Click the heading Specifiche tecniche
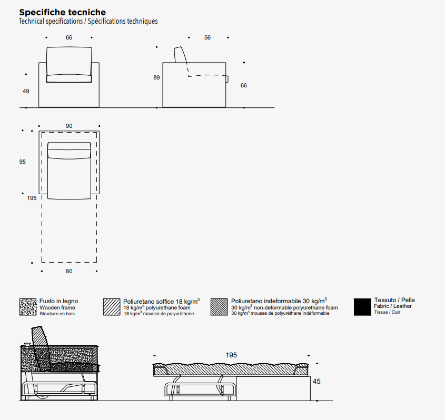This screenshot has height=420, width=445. coord(62,12)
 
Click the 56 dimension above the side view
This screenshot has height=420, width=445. coord(207,38)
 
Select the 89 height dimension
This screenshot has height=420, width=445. coord(156,78)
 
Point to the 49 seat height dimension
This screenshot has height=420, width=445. coord(26,92)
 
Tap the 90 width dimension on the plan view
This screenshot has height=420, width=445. coord(69,126)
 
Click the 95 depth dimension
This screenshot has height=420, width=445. coord(22,162)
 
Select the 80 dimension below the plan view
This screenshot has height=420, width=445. coord(69,272)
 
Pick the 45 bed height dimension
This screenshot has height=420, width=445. coord(317,382)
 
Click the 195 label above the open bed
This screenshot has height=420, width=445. coord(231,355)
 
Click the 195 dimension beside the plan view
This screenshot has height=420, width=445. coord(32,198)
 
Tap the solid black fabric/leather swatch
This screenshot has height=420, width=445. coord(362,307)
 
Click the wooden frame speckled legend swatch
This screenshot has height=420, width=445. coord(27,307)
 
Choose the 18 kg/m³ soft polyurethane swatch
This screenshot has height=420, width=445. coord(112,307)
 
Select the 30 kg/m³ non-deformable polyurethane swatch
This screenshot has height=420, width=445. coord(219,307)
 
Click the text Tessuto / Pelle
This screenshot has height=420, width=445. coord(394,300)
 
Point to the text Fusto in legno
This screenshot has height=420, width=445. coord(58,302)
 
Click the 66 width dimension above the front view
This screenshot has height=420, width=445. coord(69,38)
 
